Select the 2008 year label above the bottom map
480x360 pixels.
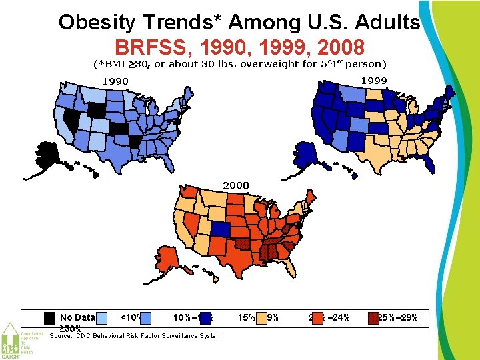(235, 184)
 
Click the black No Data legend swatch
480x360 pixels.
(49, 318)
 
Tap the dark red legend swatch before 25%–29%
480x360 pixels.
(373, 318)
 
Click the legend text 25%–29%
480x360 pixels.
(398, 318)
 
